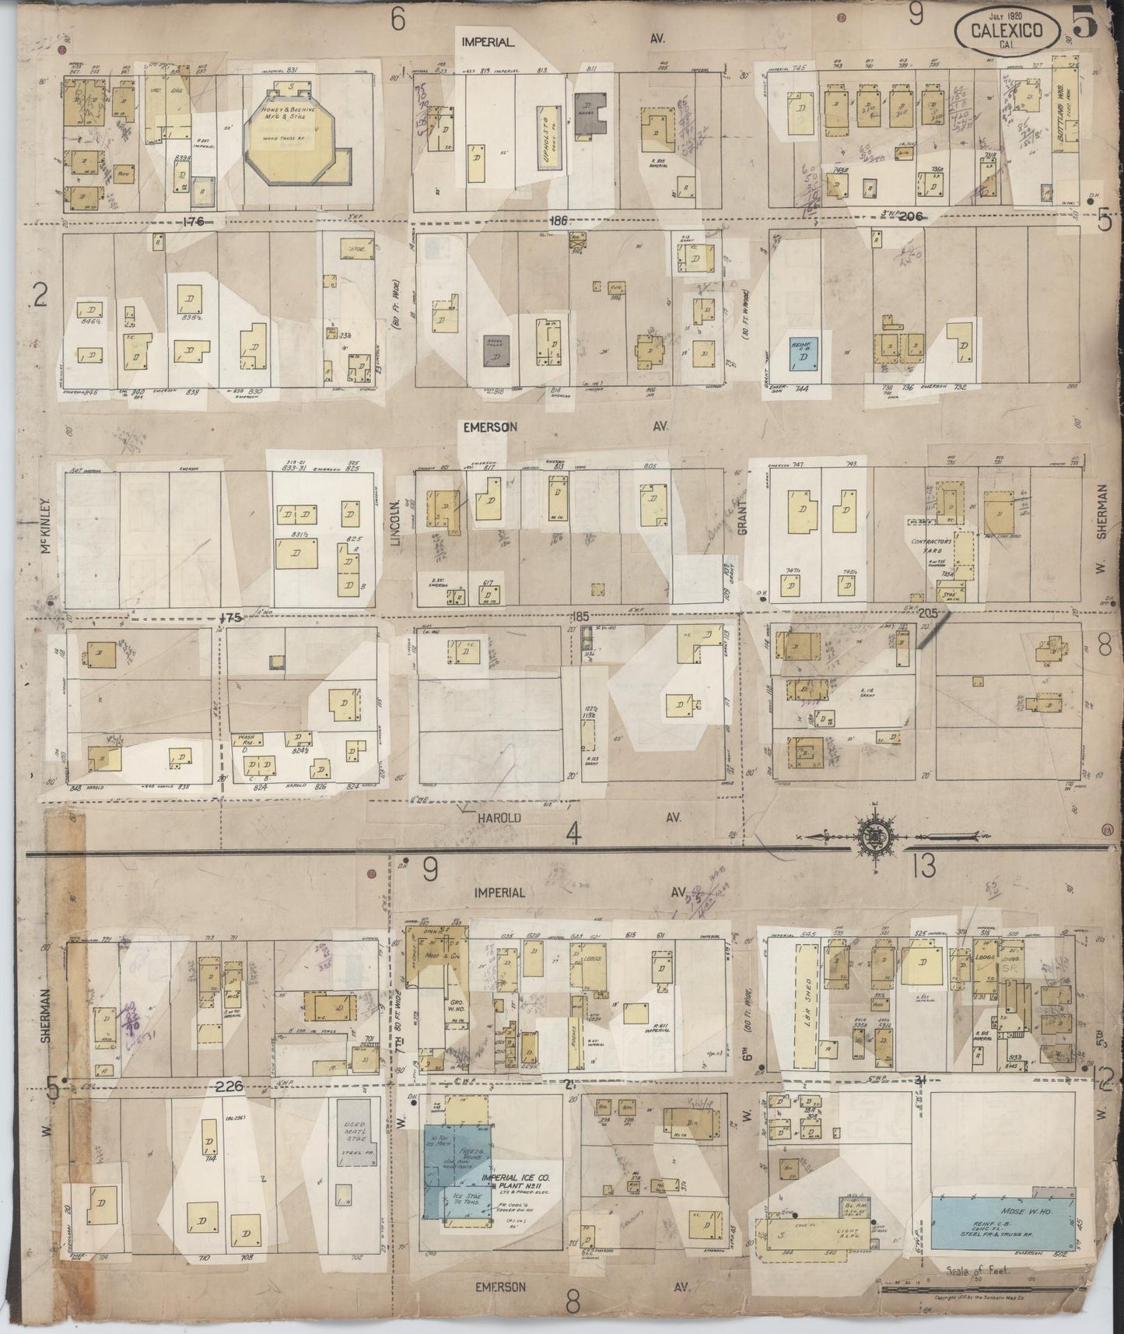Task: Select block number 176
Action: pyautogui.click(x=192, y=223)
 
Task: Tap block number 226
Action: pyautogui.click(x=230, y=1087)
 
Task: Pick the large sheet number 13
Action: pyautogui.click(x=924, y=866)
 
